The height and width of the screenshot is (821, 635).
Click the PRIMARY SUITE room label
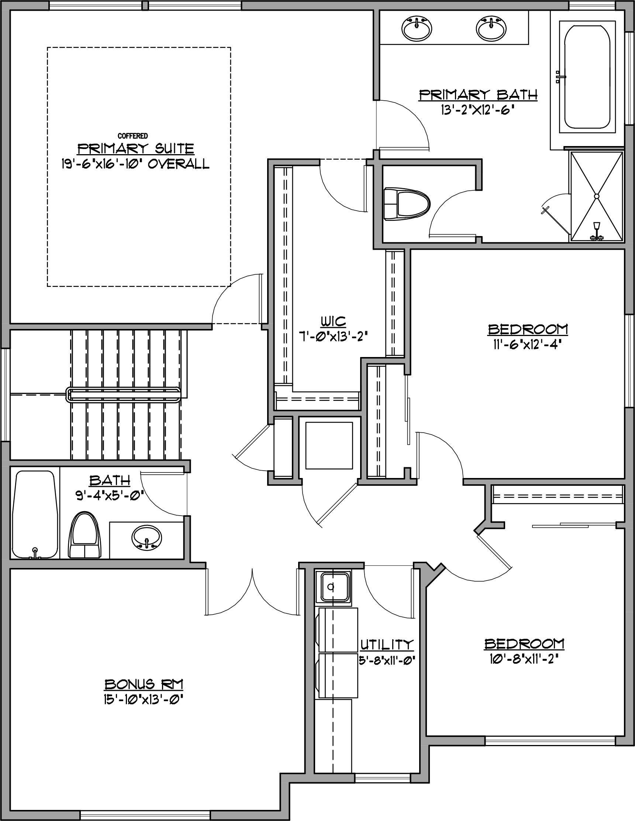136,149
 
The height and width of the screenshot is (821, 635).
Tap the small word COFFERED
133,136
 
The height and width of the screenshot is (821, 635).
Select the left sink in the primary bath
417,28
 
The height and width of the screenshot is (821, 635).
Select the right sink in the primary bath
491,28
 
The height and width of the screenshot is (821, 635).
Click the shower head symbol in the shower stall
597,226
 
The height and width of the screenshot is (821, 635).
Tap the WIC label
333,321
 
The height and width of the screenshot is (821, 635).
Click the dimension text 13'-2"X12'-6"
477,110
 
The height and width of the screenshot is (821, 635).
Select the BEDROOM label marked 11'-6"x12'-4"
528,330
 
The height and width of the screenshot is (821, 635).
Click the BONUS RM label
144,684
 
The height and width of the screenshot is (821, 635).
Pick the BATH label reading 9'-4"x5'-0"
110,481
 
